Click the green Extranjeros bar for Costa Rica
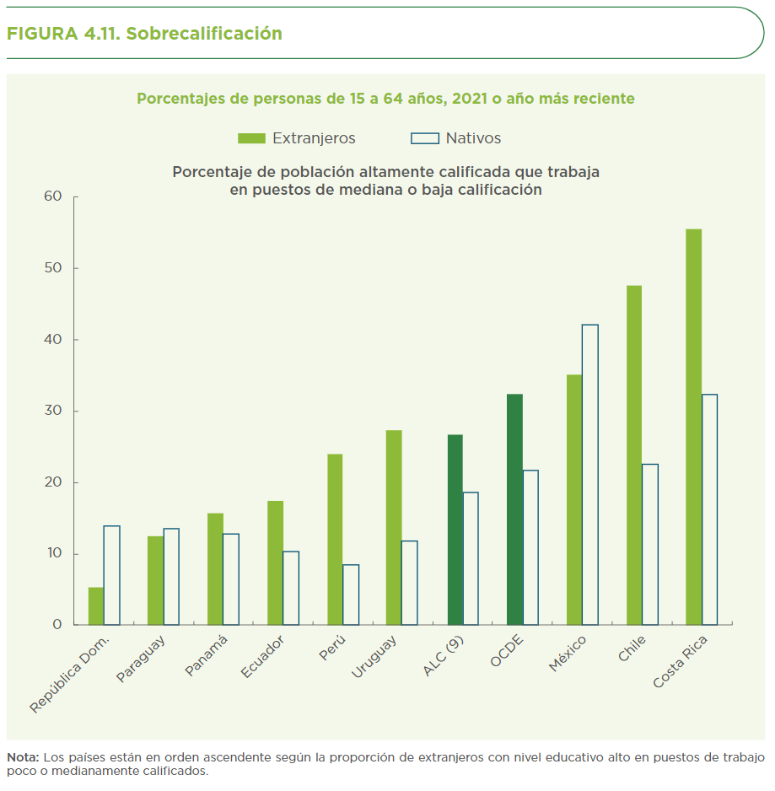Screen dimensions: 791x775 (x=693, y=427)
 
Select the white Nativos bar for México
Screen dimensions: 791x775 (x=589, y=475)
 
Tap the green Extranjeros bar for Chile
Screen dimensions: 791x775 (x=634, y=455)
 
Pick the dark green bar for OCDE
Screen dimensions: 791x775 (x=514, y=509)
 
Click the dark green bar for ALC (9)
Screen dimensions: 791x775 (x=455, y=530)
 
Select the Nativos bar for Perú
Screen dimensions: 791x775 (x=351, y=595)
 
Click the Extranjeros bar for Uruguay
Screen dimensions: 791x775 (x=394, y=528)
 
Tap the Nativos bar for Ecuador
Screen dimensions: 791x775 (x=291, y=588)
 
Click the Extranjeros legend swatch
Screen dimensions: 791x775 (x=251, y=138)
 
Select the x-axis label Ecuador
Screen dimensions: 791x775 (x=262, y=656)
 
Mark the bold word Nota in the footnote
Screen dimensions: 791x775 (x=22, y=756)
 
